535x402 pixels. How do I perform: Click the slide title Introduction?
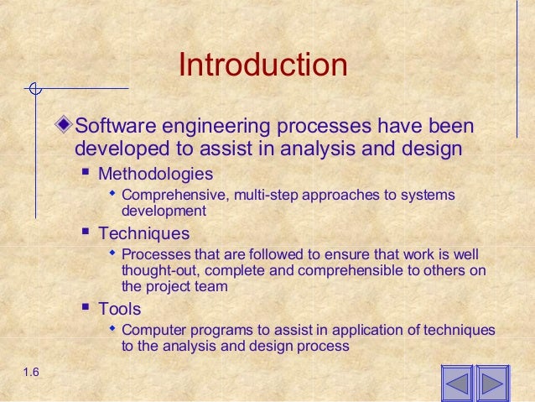[262, 66]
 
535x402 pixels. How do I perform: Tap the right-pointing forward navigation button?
[493, 385]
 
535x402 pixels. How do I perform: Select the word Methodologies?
[155, 174]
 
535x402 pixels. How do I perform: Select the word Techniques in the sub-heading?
[143, 233]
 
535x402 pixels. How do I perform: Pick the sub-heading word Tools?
[119, 308]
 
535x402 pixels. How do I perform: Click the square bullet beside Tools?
[85, 308]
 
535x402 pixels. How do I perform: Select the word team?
[210, 285]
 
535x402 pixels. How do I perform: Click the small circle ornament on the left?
[34, 88]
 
